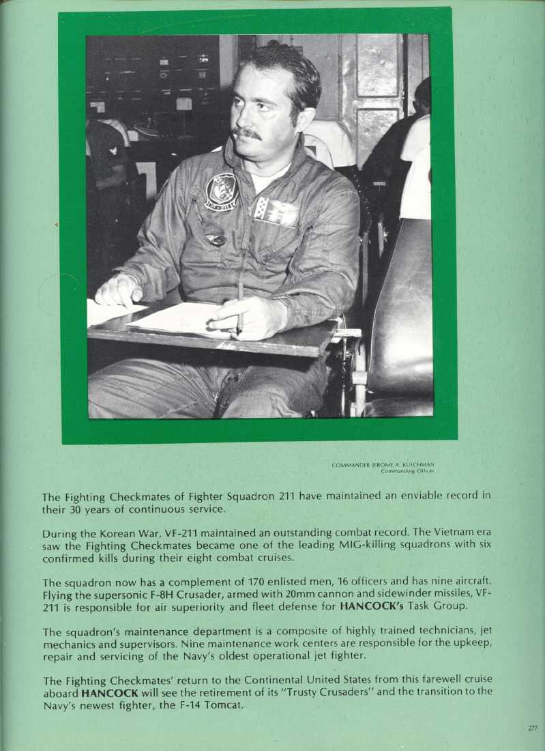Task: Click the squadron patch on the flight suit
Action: coord(222,192)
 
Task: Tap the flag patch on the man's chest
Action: coord(277,212)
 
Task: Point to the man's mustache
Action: coord(246,133)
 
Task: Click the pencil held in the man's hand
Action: coord(239,307)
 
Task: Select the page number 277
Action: coord(533,728)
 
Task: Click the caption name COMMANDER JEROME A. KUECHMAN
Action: coord(383,465)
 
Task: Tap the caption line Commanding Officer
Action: coord(407,471)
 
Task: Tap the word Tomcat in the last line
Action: coord(222,705)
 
